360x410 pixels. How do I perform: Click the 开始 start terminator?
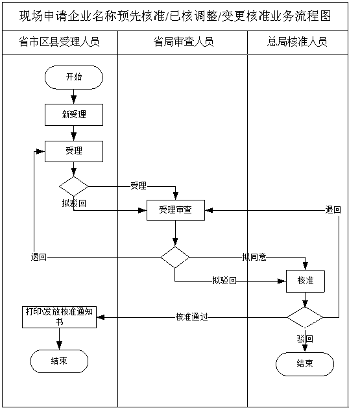point(74,77)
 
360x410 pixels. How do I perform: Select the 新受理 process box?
point(74,115)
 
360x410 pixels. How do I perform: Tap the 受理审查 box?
point(175,210)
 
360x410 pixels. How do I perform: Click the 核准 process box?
point(306,281)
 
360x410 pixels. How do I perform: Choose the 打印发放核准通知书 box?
point(59,317)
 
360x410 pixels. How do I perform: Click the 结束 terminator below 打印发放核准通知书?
point(59,361)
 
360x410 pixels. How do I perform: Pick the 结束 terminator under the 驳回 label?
point(305,364)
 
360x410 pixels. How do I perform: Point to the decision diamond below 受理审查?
point(175,258)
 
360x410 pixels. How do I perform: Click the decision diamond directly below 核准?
point(305,317)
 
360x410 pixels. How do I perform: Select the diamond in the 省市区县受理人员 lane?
point(74,186)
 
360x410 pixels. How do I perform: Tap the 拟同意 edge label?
point(254,257)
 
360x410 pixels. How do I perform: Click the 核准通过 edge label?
point(192,317)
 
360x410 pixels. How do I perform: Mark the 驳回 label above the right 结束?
point(305,339)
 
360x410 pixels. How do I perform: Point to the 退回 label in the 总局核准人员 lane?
point(333,210)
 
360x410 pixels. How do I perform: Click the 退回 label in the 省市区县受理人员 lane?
point(39,257)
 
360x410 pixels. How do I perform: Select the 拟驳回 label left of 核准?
point(224,280)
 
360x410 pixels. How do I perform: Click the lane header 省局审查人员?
point(184,42)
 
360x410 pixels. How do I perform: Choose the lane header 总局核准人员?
point(297,42)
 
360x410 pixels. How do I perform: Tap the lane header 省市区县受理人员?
point(59,42)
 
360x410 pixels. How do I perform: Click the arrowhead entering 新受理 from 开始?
point(74,100)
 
